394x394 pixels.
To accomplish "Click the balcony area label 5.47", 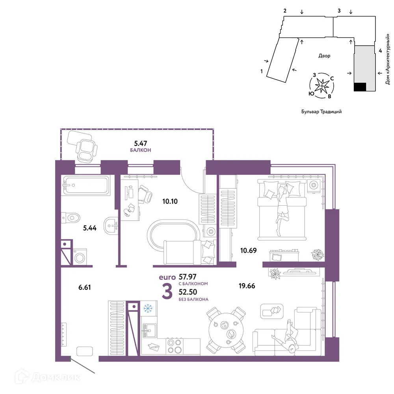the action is (x=141, y=143).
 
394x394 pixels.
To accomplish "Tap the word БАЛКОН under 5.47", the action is (x=141, y=150).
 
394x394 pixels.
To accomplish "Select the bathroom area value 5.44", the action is (x=90, y=228).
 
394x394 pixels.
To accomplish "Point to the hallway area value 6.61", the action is (x=84, y=287).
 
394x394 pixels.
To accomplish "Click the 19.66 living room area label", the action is (x=247, y=286).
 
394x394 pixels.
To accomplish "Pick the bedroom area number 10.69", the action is (x=248, y=250).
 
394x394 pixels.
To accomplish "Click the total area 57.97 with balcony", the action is (x=188, y=277).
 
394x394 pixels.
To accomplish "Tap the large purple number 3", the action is (x=167, y=292).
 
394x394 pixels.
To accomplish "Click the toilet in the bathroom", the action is (x=71, y=217).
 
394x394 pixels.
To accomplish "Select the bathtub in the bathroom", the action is (x=86, y=185).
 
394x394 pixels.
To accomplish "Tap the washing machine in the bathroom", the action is (x=80, y=257).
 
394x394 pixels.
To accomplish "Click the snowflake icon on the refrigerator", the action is (x=148, y=308).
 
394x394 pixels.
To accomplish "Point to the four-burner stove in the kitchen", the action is (x=175, y=346).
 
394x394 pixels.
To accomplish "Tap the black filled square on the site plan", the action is (x=360, y=87).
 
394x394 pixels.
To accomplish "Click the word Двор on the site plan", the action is (x=324, y=56).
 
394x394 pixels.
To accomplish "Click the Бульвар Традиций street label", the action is (x=322, y=112).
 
